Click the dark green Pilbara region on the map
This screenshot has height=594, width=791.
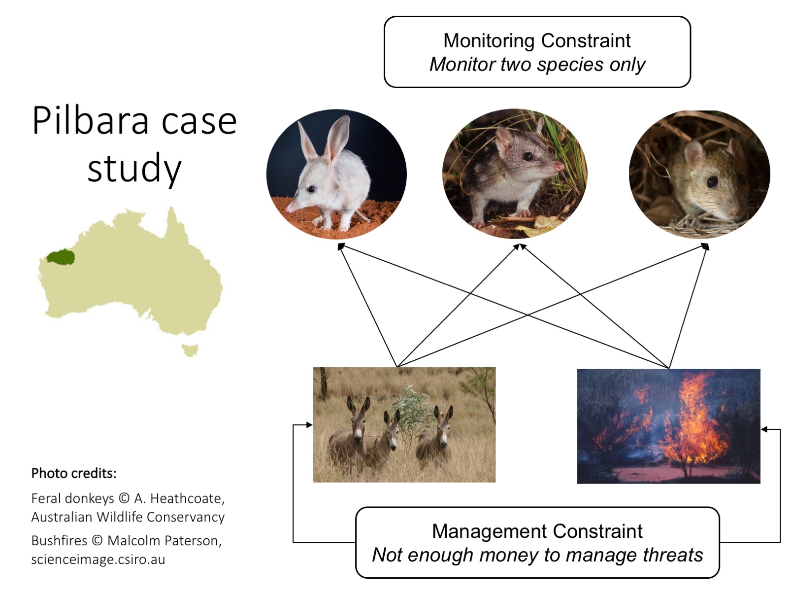61,257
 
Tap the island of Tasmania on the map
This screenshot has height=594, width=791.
190,350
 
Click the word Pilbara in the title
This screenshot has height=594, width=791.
90,121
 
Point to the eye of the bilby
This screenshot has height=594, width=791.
311,189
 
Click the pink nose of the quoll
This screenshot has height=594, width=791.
560,166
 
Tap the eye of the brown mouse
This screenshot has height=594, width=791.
712,181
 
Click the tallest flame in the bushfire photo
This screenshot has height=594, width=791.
693,415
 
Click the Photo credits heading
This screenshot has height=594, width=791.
74,473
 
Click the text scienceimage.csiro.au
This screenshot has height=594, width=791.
98,559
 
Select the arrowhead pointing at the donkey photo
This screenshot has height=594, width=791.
309,425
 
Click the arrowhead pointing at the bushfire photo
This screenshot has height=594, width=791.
764,429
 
